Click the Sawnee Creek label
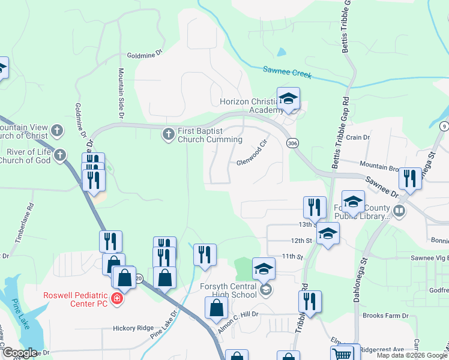pyautogui.click(x=287, y=72)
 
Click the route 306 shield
pyautogui.click(x=292, y=143)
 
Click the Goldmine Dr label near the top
pyautogui.click(x=145, y=54)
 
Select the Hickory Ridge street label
pyautogui.click(x=133, y=328)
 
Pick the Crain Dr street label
pyautogui.click(x=358, y=137)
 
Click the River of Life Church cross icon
pyautogui.click(x=59, y=155)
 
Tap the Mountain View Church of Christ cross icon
pyautogui.click(x=56, y=130)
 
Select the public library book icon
pyautogui.click(x=399, y=211)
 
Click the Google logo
pyautogui.click(x=19, y=353)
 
